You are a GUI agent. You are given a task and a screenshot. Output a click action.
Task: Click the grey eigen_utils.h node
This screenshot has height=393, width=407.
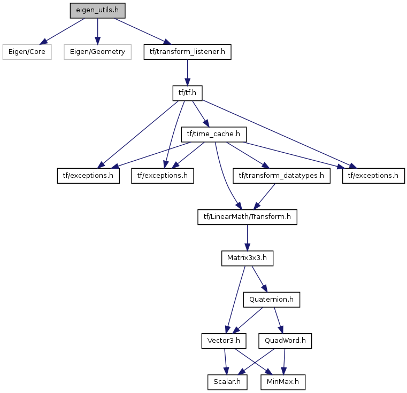[x=97, y=11]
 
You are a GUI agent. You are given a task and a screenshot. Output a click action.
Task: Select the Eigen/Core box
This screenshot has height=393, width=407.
[x=27, y=52]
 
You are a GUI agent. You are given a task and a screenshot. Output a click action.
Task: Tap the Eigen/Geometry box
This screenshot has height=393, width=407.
[x=97, y=52]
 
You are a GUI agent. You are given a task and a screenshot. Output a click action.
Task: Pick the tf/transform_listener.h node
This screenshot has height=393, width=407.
[x=187, y=52]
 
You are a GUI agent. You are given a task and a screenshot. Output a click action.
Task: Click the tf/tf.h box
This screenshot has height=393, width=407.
[x=187, y=93]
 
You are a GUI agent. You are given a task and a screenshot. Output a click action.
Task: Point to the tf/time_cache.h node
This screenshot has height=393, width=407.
[x=213, y=134]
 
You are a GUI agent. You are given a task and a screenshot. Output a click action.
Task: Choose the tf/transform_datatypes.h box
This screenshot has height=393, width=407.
[x=281, y=176]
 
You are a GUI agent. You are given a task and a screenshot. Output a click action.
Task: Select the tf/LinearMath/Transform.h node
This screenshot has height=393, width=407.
[x=247, y=217]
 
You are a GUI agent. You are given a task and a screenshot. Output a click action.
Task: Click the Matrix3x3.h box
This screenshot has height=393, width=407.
[x=247, y=258]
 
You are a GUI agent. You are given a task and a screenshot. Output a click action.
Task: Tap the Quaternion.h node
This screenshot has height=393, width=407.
[x=272, y=300]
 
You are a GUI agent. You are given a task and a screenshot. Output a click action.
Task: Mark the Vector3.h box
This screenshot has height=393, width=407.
[x=224, y=341]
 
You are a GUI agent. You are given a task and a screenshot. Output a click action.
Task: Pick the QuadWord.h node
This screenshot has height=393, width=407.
[x=285, y=341]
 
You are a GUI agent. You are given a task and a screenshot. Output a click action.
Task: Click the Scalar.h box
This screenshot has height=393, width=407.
[x=227, y=382]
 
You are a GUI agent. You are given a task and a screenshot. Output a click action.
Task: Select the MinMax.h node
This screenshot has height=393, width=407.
[x=283, y=382]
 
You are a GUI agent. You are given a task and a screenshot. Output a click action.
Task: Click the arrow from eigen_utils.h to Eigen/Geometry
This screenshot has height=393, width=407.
[x=97, y=32]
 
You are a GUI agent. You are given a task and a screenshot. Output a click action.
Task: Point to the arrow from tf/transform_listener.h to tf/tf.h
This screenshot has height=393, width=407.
[x=187, y=73]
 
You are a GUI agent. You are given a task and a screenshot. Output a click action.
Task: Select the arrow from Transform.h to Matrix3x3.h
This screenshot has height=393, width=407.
[x=247, y=238]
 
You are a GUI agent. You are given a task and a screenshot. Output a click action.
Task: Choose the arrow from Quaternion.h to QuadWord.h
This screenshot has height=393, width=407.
[x=279, y=320]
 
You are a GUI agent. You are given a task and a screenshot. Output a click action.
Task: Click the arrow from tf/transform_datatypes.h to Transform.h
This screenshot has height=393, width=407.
[x=264, y=196]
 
